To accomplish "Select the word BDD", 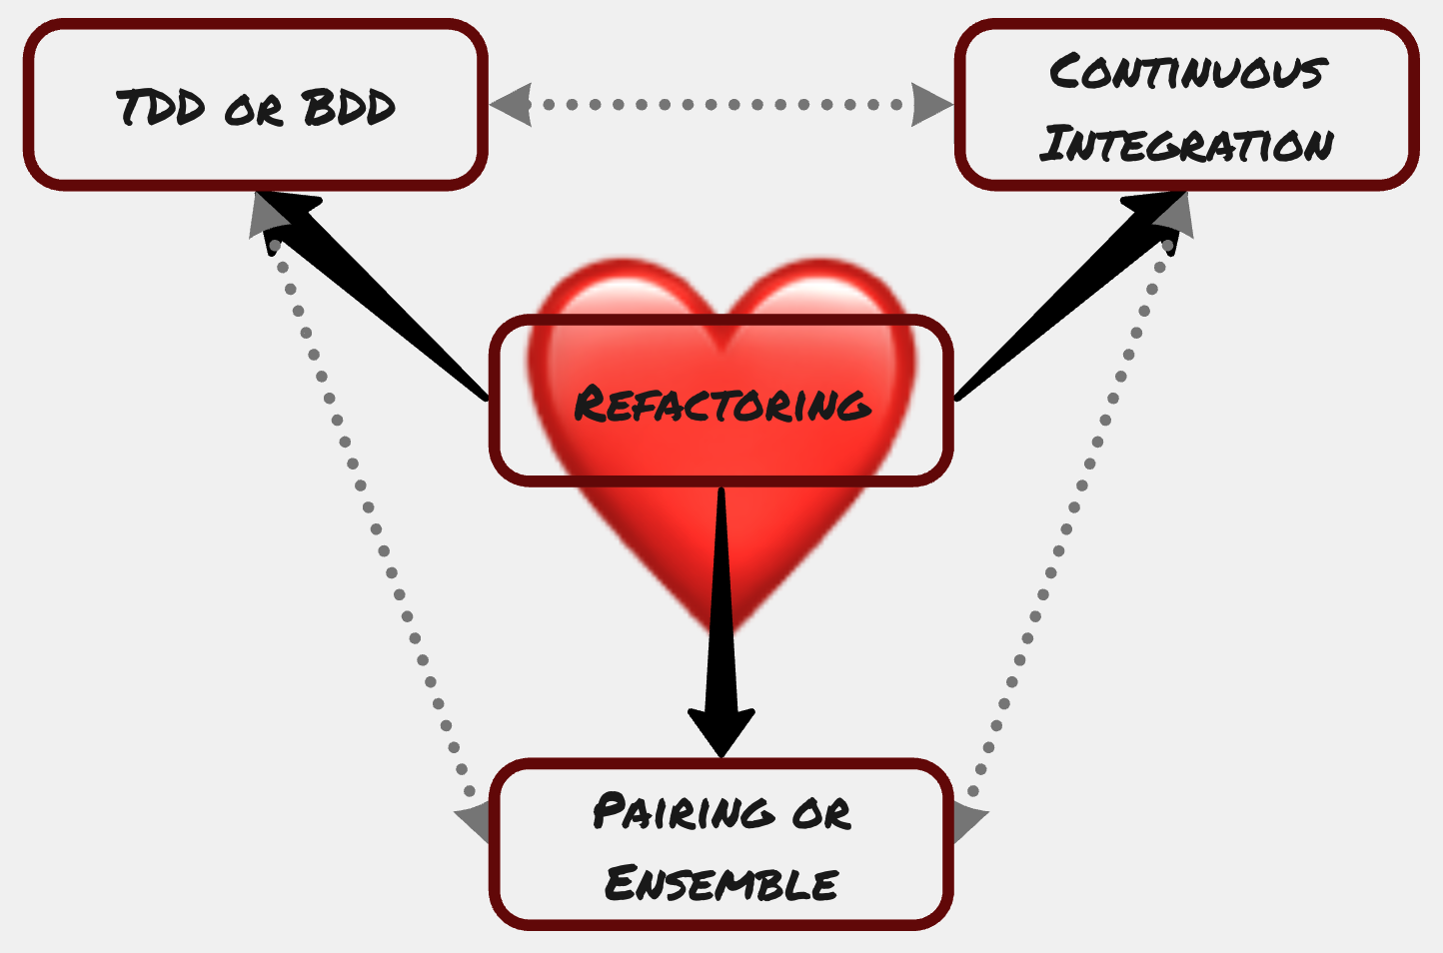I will pyautogui.click(x=349, y=107).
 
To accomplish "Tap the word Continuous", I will pyautogui.click(x=1187, y=72).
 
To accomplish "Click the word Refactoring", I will pyautogui.click(x=721, y=404).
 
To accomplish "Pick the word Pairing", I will pyautogui.click(x=684, y=811).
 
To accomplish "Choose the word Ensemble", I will pyautogui.click(x=721, y=884).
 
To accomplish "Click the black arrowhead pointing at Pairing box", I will pyautogui.click(x=721, y=729).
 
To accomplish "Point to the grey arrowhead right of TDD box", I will pyautogui.click(x=512, y=105).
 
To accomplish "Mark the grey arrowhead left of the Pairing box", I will pyautogui.click(x=474, y=821).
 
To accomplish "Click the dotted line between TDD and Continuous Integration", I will pyautogui.click(x=721, y=105).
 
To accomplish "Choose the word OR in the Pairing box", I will pyautogui.click(x=821, y=813).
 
